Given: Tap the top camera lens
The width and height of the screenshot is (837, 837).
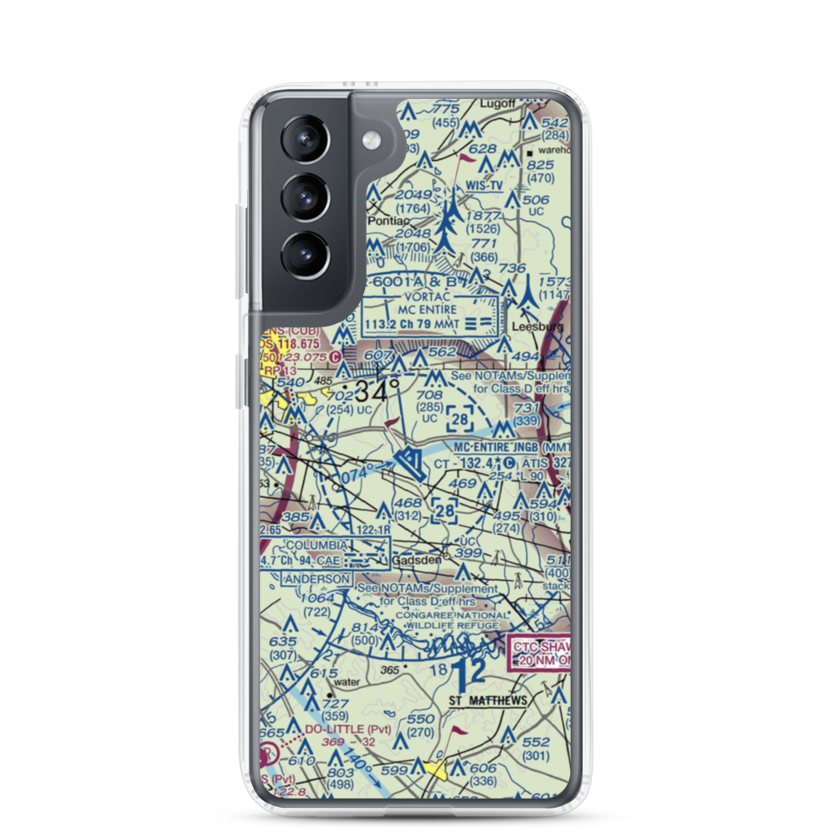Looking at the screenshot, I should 300,140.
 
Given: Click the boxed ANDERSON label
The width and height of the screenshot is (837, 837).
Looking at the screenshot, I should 317,579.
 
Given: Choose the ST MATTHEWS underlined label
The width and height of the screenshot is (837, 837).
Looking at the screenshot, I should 488,700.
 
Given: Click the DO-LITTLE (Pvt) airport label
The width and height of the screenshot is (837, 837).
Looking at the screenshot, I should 340,730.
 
